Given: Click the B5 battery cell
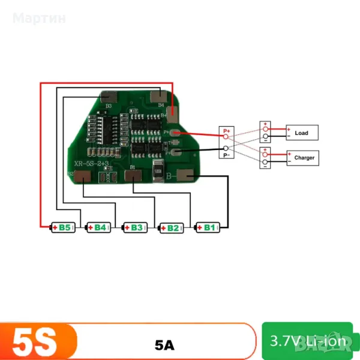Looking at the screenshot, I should pyautogui.click(x=63, y=227).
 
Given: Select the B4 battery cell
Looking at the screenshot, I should pyautogui.click(x=98, y=227).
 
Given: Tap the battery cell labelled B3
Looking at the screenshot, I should pyautogui.click(x=135, y=227).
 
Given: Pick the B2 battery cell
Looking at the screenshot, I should pyautogui.click(x=171, y=227).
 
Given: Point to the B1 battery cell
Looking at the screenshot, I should pyautogui.click(x=208, y=227).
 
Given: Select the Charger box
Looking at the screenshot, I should pyautogui.click(x=304, y=158).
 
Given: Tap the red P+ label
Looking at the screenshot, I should pyautogui.click(x=227, y=130).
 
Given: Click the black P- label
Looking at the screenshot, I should pyautogui.click(x=227, y=155).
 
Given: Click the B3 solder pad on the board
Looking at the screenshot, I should pyautogui.click(x=109, y=97).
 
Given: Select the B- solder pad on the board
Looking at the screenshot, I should pyautogui.click(x=187, y=176).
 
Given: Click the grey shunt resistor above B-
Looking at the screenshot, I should pyautogui.click(x=158, y=171).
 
